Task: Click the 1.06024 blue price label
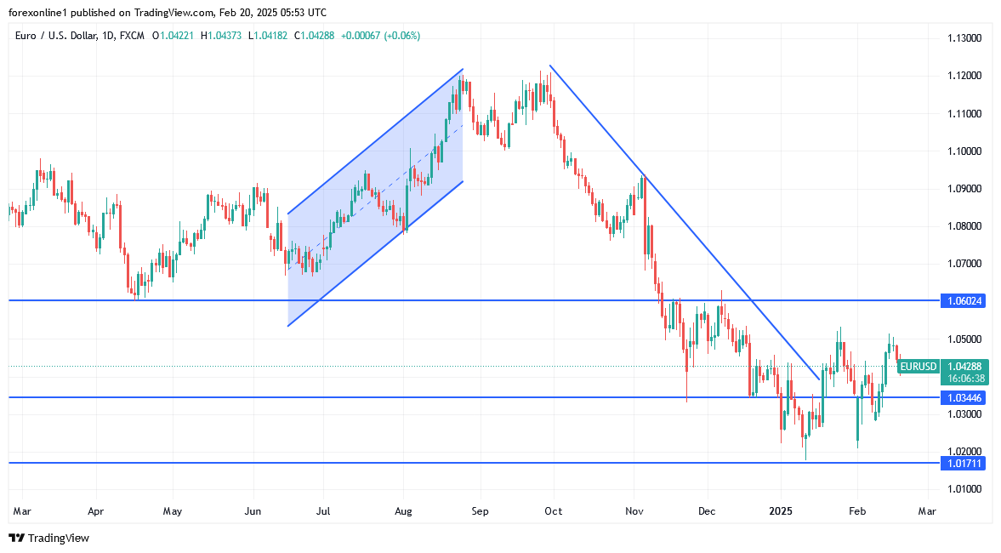pyautogui.click(x=962, y=300)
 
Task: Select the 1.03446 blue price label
pyautogui.click(x=962, y=397)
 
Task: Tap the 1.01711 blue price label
pyautogui.click(x=962, y=463)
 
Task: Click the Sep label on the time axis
pyautogui.click(x=481, y=511)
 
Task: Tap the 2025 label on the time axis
pyautogui.click(x=781, y=511)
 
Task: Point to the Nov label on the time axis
pyautogui.click(x=634, y=511)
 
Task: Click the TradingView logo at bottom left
pyautogui.click(x=48, y=538)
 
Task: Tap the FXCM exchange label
pyautogui.click(x=133, y=36)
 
